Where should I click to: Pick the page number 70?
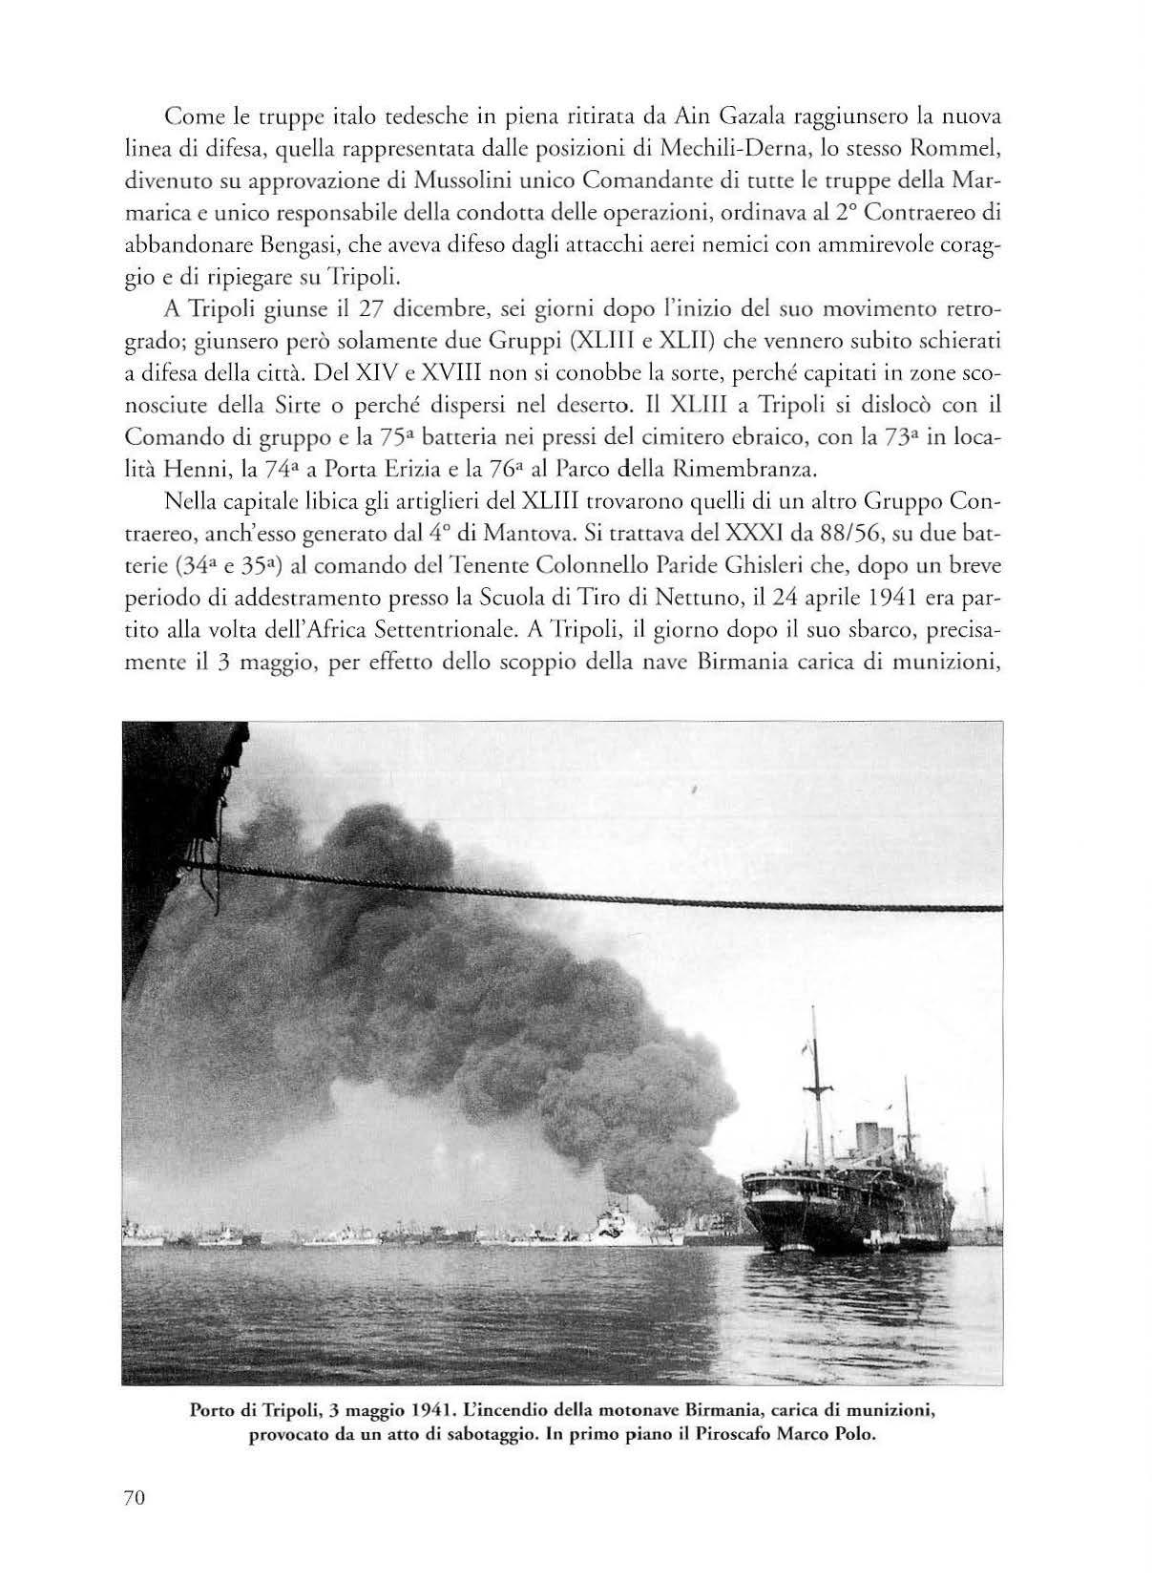[134, 1498]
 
